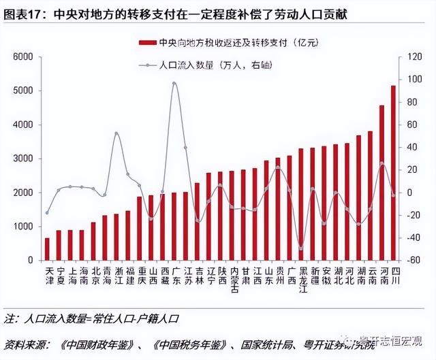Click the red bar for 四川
[x=393, y=173]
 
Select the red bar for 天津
[x=47, y=249]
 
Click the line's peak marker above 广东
[x=174, y=84]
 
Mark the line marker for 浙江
[x=116, y=133]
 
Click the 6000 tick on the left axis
[x=23, y=57]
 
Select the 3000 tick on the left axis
[x=23, y=159]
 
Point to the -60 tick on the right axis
[x=410, y=260]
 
